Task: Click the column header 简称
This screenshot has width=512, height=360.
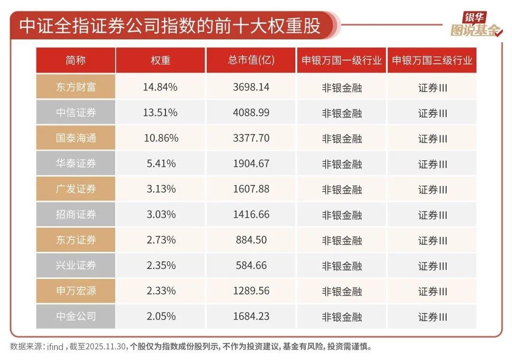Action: pyautogui.click(x=76, y=61)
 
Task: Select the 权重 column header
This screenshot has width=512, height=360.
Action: pyautogui.click(x=160, y=61)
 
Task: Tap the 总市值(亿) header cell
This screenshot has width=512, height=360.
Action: pyautogui.click(x=251, y=61)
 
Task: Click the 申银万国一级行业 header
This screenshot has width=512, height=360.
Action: pyautogui.click(x=341, y=61)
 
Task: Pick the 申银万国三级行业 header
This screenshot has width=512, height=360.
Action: pyautogui.click(x=432, y=61)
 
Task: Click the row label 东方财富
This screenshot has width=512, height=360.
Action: pyautogui.click(x=76, y=87)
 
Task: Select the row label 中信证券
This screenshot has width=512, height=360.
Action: pyautogui.click(x=76, y=112)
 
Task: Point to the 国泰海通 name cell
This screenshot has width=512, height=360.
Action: pyautogui.click(x=76, y=138)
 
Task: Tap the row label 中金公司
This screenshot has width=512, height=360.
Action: pyautogui.click(x=76, y=316)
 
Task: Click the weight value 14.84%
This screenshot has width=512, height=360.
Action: pyautogui.click(x=160, y=87)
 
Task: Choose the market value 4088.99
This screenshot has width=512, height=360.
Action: pyautogui.click(x=251, y=112)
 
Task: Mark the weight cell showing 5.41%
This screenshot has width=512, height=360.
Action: pyautogui.click(x=160, y=164)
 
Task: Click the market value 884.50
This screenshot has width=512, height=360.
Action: pyautogui.click(x=251, y=240)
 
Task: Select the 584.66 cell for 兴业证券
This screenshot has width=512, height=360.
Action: pyautogui.click(x=251, y=265)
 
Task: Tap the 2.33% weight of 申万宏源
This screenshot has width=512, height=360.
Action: pyautogui.click(x=160, y=291)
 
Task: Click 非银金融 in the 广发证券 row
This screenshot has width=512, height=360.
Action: pyautogui.click(x=341, y=189)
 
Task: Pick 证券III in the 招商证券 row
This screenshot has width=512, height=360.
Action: pyautogui.click(x=432, y=215)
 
